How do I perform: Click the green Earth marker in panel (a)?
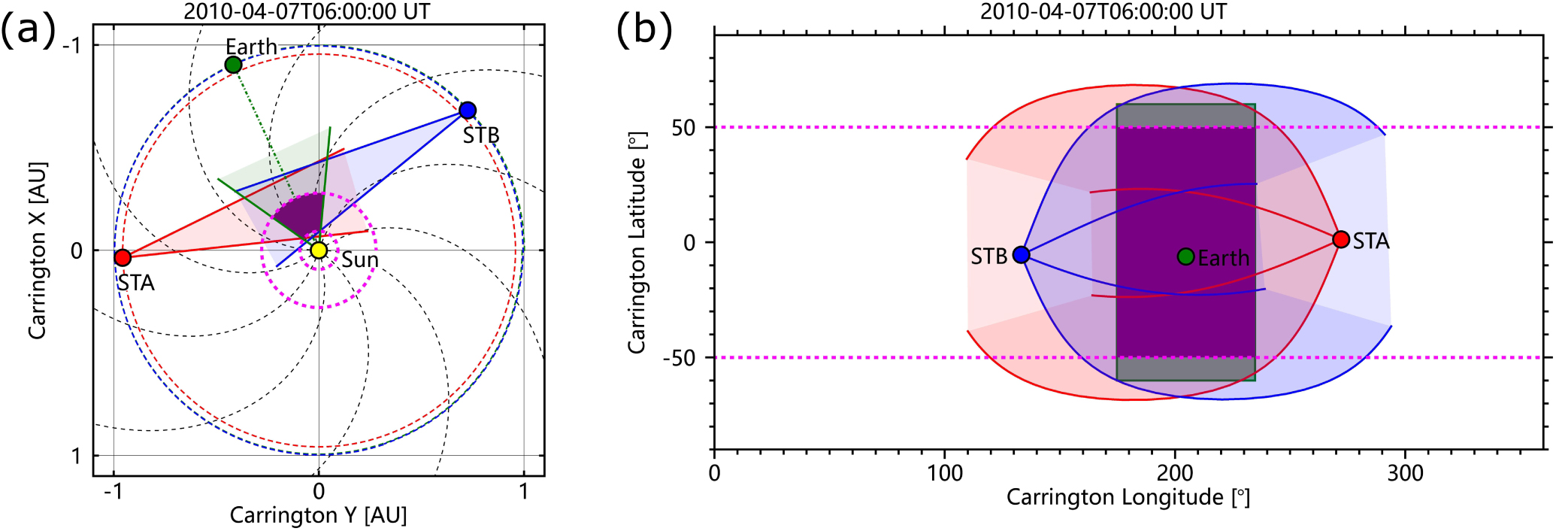[x=233, y=65]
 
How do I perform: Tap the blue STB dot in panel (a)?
[x=468, y=111]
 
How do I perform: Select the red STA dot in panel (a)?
[x=123, y=258]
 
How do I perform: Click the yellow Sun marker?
[x=319, y=250]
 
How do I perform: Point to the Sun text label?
[x=360, y=260]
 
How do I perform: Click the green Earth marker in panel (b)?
[x=1185, y=257]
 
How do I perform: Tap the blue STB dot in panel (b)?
[x=1021, y=255]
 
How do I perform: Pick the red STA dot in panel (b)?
[x=1341, y=240]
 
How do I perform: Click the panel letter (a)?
[x=29, y=31]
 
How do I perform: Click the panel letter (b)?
[x=644, y=31]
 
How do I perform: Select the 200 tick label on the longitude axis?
[x=1175, y=473]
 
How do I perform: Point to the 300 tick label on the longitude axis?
[x=1405, y=473]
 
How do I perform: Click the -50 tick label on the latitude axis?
[x=679, y=358]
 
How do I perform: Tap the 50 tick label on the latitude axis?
[x=684, y=128]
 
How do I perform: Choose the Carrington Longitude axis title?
[x=1128, y=498]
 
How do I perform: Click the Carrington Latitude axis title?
[x=637, y=242]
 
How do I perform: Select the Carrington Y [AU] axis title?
[x=318, y=516]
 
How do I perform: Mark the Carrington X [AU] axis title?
[x=38, y=250]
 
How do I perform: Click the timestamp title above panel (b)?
[x=1103, y=11]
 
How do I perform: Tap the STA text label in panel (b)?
[x=1371, y=241]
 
